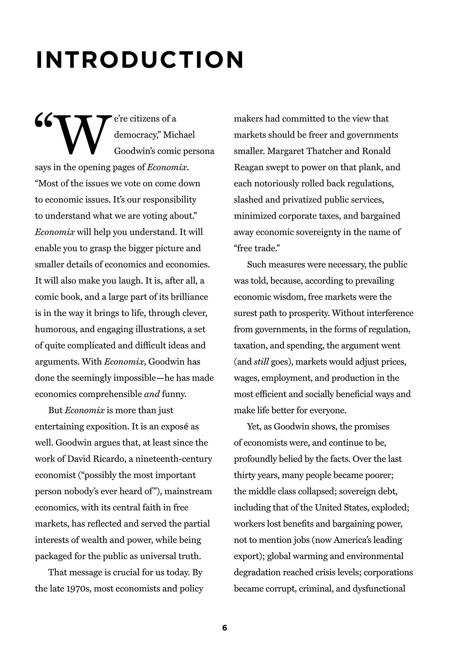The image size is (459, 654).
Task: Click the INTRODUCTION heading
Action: click(140, 60)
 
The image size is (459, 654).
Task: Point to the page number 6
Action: click(224, 628)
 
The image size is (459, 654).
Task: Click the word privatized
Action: click(302, 200)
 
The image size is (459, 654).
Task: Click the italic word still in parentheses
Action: click(261, 362)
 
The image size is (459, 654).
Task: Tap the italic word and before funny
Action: click(152, 394)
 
